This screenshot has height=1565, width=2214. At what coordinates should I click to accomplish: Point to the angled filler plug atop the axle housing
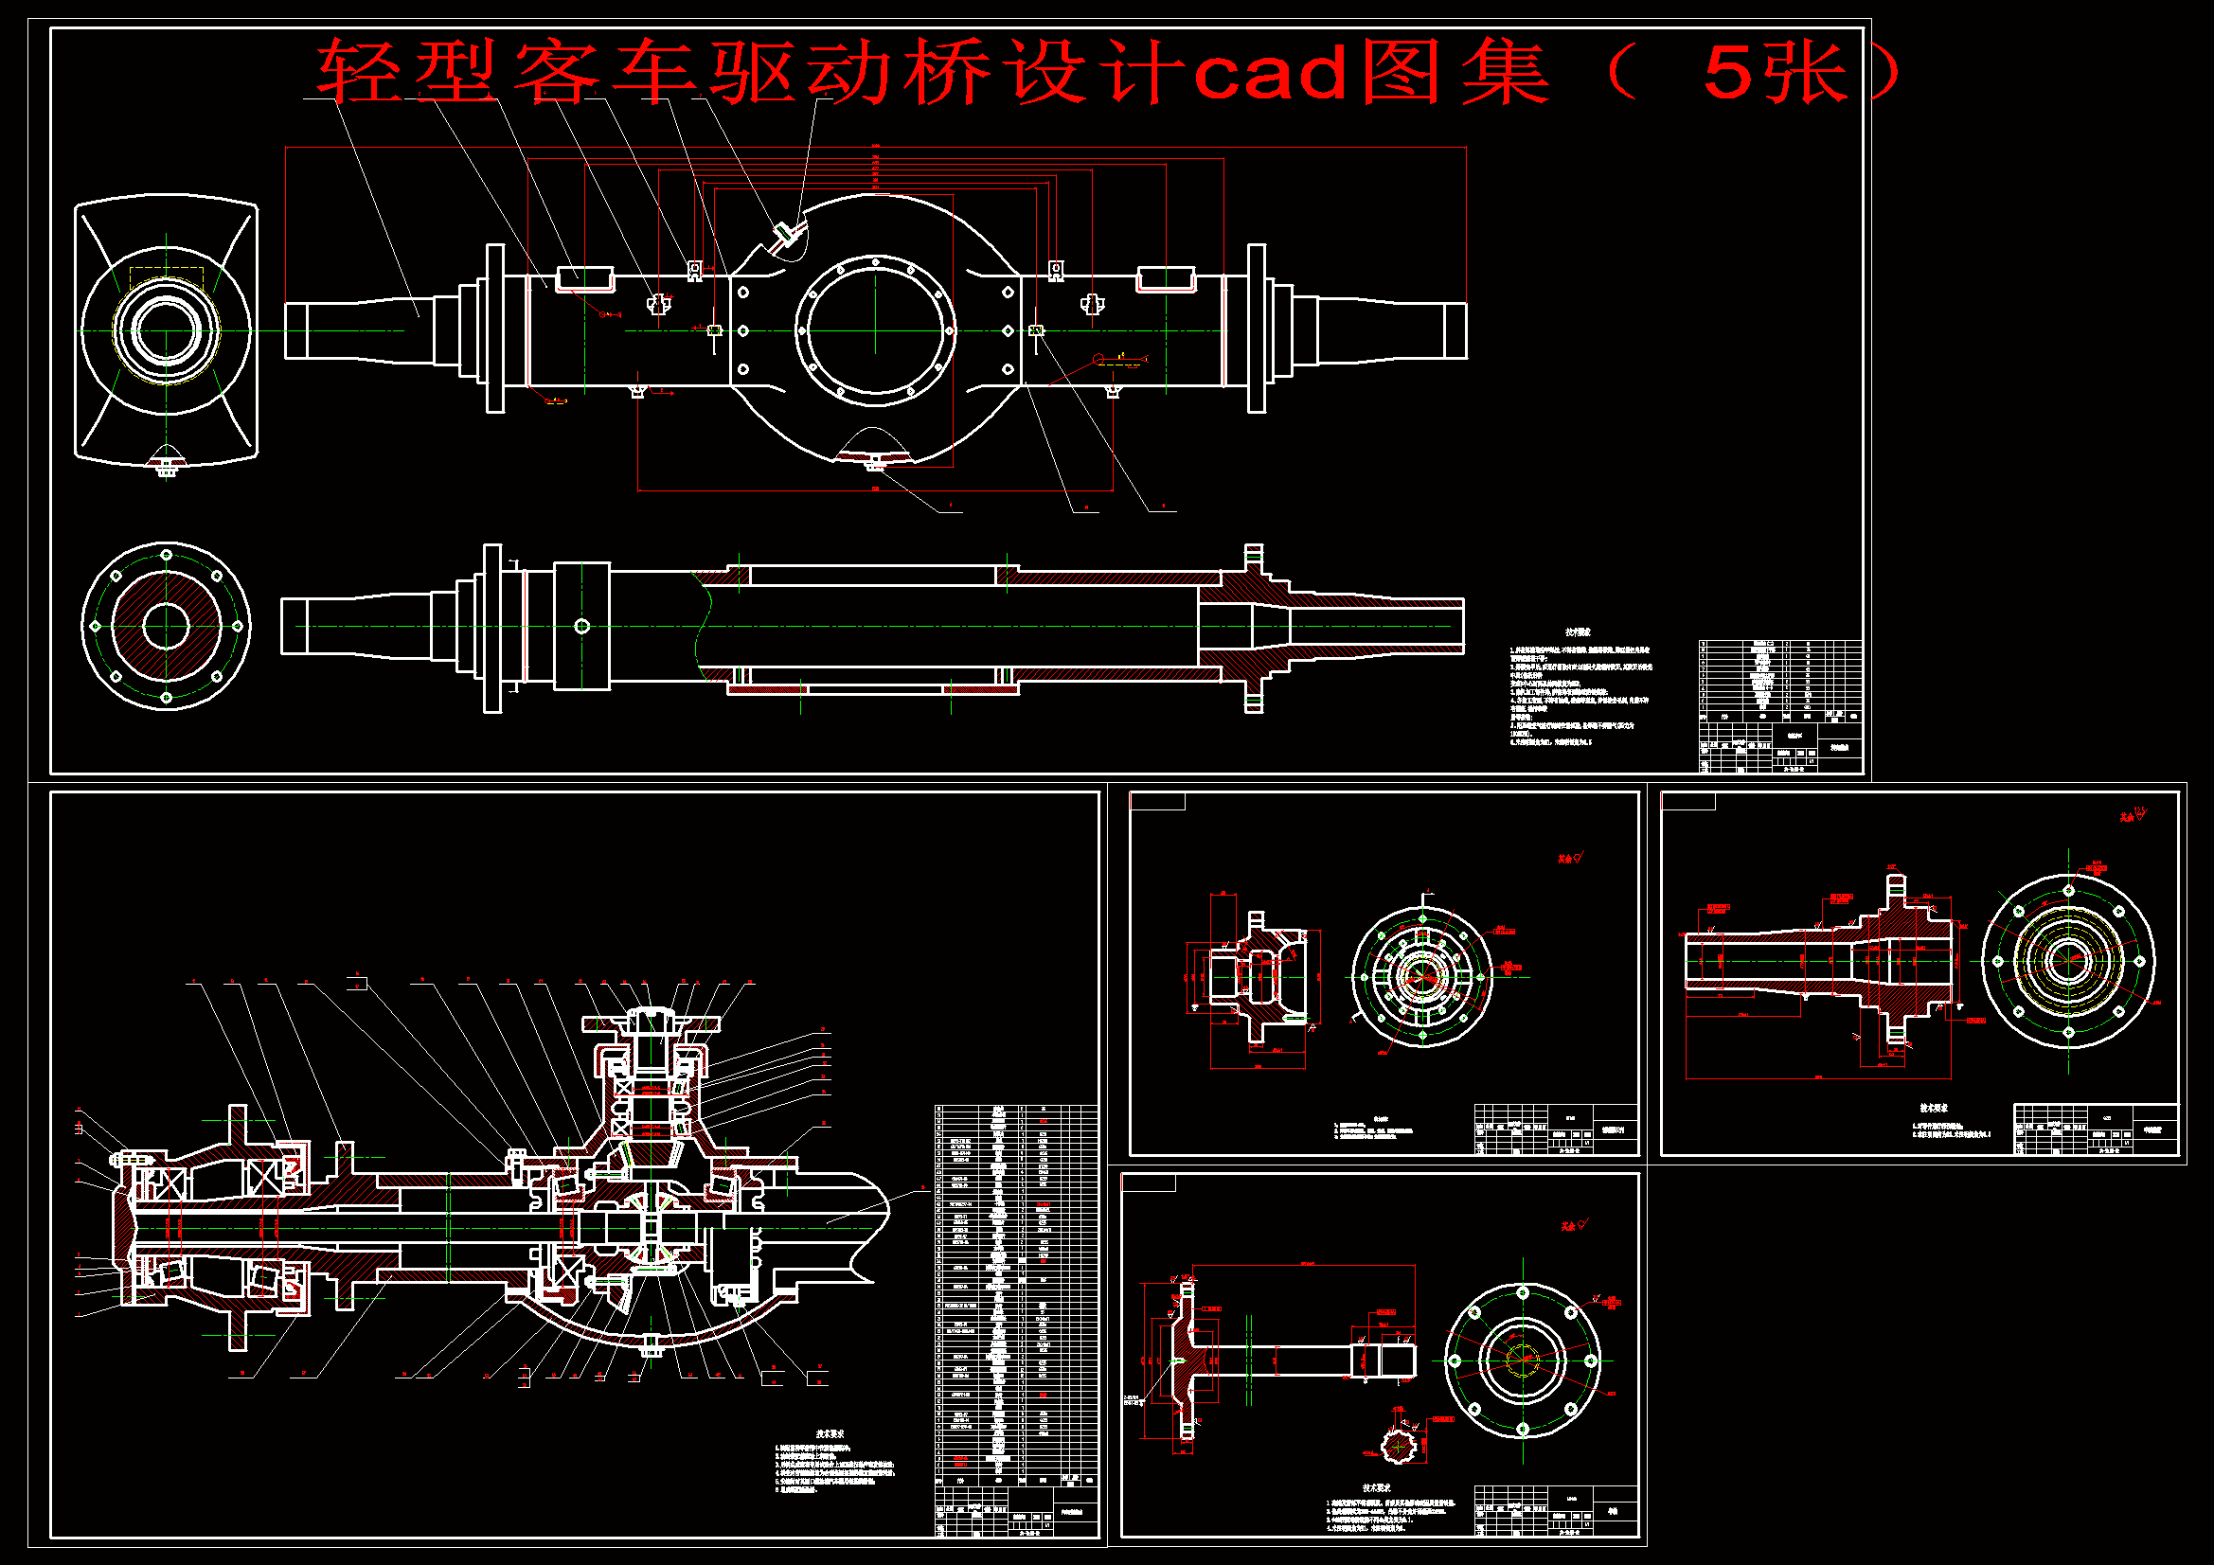[783, 231]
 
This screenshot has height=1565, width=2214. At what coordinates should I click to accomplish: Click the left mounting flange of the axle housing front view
[494, 329]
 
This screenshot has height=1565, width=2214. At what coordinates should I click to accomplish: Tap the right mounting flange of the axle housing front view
[1256, 329]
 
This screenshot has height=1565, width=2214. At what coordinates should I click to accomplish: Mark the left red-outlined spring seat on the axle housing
[584, 277]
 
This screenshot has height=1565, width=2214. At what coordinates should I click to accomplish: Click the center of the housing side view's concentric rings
[166, 330]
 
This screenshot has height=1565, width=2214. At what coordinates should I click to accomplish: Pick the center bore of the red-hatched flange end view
[166, 626]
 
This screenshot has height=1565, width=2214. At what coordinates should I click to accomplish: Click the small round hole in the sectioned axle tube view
[581, 627]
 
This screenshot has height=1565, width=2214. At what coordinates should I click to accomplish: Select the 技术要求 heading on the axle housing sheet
[1578, 632]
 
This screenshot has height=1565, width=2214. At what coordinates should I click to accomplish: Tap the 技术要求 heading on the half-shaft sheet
[1376, 1488]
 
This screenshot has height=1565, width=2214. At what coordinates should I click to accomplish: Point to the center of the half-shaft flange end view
[1523, 1360]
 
